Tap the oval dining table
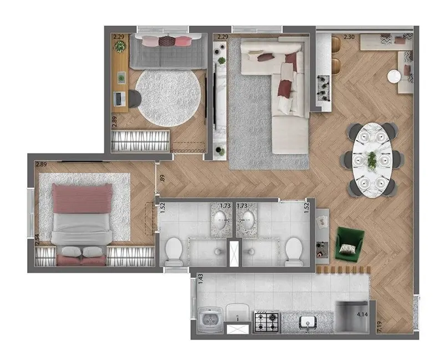click(x=372, y=159)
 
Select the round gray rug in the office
click(x=169, y=97)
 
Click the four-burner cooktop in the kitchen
click(x=267, y=321)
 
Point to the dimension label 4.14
click(x=363, y=315)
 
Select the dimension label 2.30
click(x=349, y=37)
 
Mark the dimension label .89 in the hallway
click(x=162, y=178)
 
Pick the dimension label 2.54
click(x=37, y=238)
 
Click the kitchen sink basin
click(x=306, y=321)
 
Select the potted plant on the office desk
click(x=120, y=47)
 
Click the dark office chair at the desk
click(x=135, y=99)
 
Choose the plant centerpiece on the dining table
click(x=372, y=160)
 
